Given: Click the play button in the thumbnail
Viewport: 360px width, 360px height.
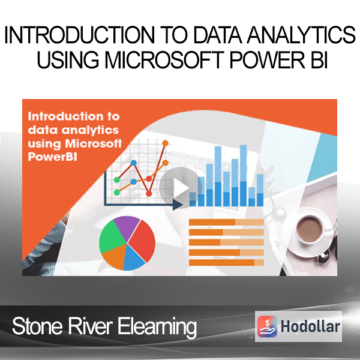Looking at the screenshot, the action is click(181, 187).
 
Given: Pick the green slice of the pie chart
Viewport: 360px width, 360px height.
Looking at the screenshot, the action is click(112, 238).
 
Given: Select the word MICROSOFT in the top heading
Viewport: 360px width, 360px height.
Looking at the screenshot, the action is click(164, 60).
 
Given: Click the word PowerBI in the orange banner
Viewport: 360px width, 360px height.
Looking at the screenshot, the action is click(52, 157).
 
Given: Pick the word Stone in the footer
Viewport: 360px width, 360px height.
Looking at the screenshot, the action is click(37, 326).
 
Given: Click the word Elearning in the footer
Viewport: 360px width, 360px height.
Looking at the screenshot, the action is click(157, 327).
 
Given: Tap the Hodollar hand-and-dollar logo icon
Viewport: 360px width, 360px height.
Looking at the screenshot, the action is click(267, 326).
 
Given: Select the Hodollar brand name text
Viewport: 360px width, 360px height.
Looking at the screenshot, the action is click(310, 326).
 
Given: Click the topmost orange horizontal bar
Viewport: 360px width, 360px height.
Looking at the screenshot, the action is click(226, 222).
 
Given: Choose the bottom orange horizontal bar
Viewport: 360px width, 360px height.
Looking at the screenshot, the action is click(226, 263).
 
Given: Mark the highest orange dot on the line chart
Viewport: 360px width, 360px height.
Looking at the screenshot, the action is click(165, 143).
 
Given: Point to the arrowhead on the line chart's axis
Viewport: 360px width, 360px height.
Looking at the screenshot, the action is click(178, 205).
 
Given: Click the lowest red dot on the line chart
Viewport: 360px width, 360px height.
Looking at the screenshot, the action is click(149, 194).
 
